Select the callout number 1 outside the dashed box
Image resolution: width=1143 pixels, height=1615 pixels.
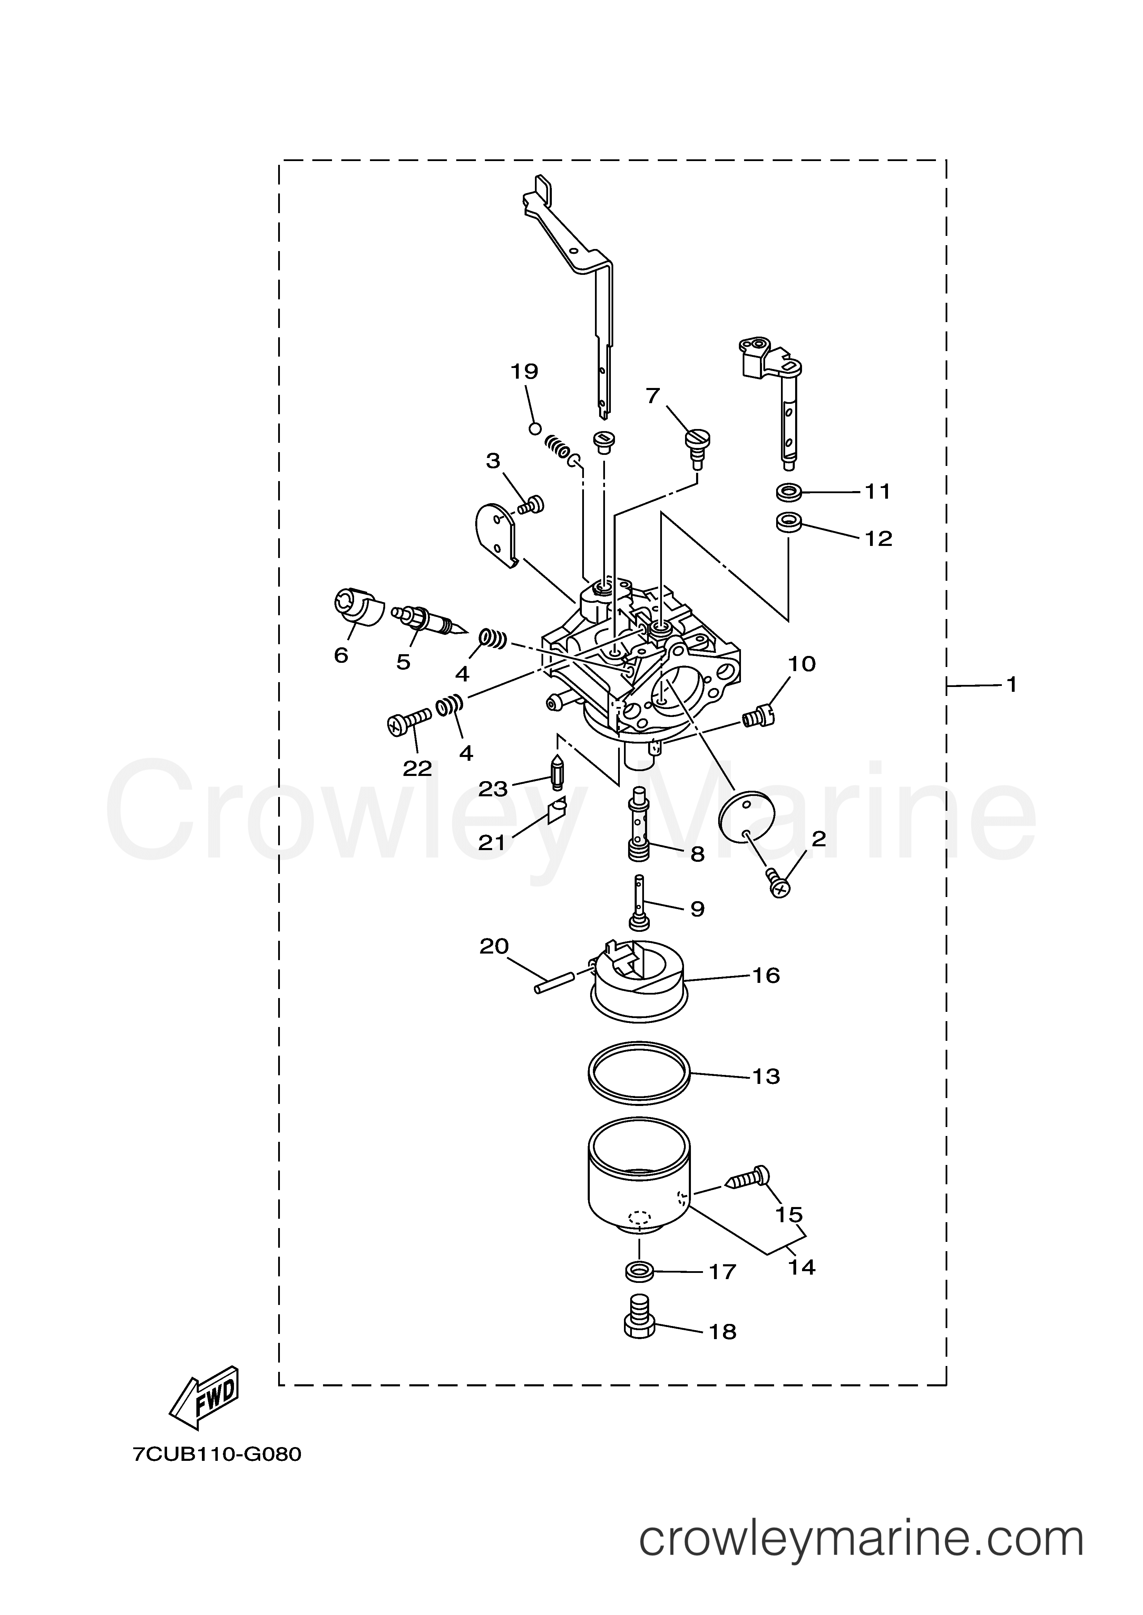point(1012,684)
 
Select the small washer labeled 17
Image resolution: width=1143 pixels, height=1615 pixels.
point(639,1272)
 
